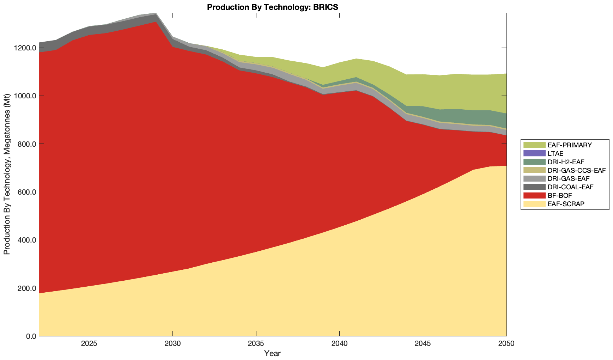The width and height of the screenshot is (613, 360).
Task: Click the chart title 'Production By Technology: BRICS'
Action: [273, 7]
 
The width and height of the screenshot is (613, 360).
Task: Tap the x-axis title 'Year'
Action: [272, 353]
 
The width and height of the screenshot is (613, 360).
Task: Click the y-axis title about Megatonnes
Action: [7, 175]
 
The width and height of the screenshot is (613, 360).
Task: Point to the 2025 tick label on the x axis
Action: [89, 344]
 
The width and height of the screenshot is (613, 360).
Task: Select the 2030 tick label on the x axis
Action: [172, 344]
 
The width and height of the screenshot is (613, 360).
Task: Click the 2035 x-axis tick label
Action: [256, 344]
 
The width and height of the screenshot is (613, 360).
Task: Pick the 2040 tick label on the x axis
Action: [339, 344]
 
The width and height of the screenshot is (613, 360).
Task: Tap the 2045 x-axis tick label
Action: [423, 344]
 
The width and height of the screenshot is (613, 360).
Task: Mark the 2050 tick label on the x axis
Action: [506, 344]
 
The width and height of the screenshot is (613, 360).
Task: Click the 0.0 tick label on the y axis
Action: [29, 336]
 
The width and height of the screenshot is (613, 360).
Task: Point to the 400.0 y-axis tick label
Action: [25, 240]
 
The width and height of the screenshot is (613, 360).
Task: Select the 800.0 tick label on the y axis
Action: [25, 144]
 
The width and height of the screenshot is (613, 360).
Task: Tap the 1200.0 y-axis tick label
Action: [24, 48]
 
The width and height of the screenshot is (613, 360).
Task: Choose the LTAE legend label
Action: [556, 153]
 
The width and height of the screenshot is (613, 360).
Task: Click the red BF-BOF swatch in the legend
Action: [534, 195]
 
